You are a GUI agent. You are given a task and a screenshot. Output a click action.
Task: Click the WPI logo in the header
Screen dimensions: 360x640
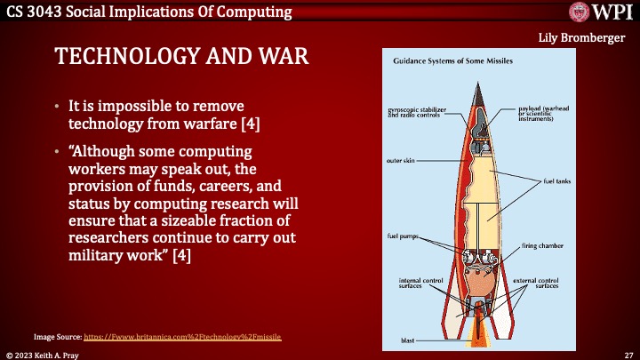coord(599,13)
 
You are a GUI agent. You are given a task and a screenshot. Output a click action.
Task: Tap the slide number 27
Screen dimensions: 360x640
coord(628,354)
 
